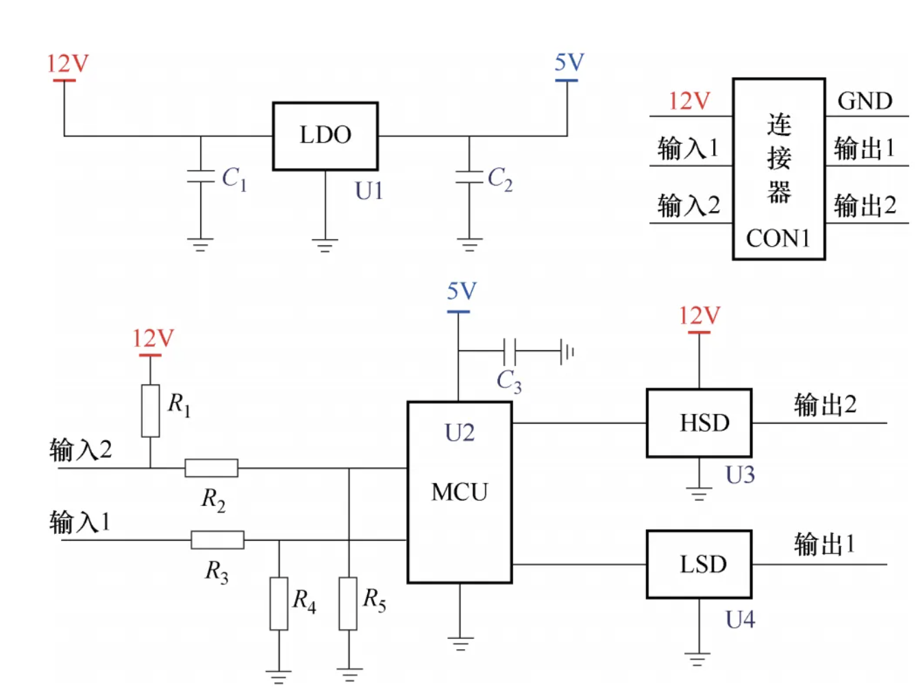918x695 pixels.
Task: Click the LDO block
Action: [x=325, y=136]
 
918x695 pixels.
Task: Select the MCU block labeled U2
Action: [x=459, y=491]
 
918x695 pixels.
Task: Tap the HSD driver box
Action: [x=699, y=423]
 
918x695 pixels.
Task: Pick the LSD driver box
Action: [x=699, y=564]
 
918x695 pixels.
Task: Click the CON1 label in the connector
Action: [x=778, y=239]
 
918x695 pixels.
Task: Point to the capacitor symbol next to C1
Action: [x=201, y=176]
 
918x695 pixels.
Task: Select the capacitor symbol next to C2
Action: [x=469, y=176]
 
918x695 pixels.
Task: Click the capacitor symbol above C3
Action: [x=510, y=351]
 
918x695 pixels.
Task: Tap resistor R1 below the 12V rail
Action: [x=151, y=411]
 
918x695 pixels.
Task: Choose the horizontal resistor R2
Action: [x=212, y=468]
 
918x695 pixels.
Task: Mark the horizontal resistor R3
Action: [x=217, y=540]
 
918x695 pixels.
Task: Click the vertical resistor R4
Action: [x=279, y=603]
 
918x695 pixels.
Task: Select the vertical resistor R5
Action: [x=349, y=603]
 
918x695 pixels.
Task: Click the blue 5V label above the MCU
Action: [x=461, y=291]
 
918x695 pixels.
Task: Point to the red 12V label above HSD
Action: [x=699, y=316]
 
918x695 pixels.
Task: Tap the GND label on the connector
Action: [x=865, y=101]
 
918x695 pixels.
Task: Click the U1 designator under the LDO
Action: [x=369, y=191]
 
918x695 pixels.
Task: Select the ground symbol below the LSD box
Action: [x=697, y=659]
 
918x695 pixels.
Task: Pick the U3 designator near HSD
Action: [x=740, y=475]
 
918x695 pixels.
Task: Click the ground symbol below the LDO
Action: [x=325, y=245]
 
